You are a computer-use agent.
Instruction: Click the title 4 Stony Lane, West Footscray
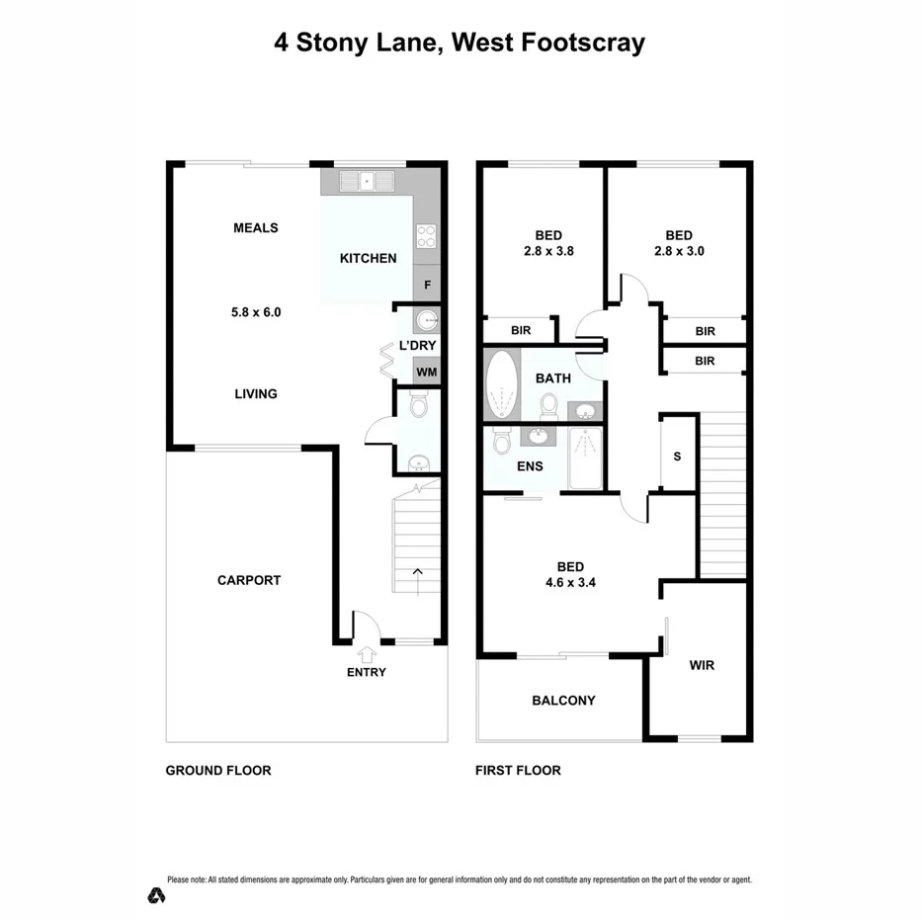coord(460,42)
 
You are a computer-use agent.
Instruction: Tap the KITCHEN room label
coord(368,259)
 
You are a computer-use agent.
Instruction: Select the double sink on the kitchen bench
coord(367,181)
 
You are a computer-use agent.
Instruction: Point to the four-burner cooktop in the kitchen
coord(426,236)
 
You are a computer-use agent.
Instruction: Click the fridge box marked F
coord(427,285)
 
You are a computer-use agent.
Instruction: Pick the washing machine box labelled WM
coord(426,372)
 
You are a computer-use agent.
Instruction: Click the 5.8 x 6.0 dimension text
coord(256,312)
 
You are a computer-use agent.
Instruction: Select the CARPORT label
coord(249,580)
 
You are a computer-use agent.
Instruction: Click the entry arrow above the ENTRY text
coord(368,652)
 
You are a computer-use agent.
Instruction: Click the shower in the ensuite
coord(585,458)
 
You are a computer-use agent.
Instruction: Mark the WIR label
coord(702,665)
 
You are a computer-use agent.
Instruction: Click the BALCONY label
coord(563,701)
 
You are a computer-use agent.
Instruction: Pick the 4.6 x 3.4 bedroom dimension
coord(569,582)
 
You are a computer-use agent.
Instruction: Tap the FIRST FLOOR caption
coord(518,771)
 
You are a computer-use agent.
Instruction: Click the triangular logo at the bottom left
coord(155,895)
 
